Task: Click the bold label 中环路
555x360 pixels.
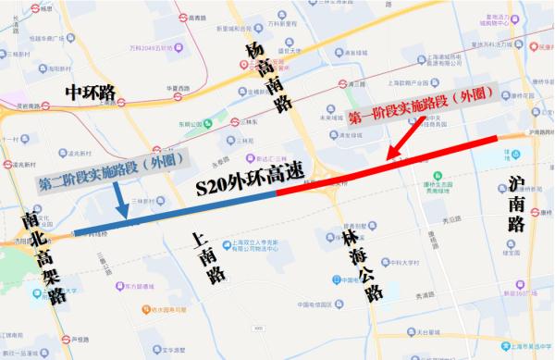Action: tap(90, 93)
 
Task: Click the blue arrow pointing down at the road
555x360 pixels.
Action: tap(119, 202)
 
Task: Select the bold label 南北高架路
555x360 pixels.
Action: tap(43, 257)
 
